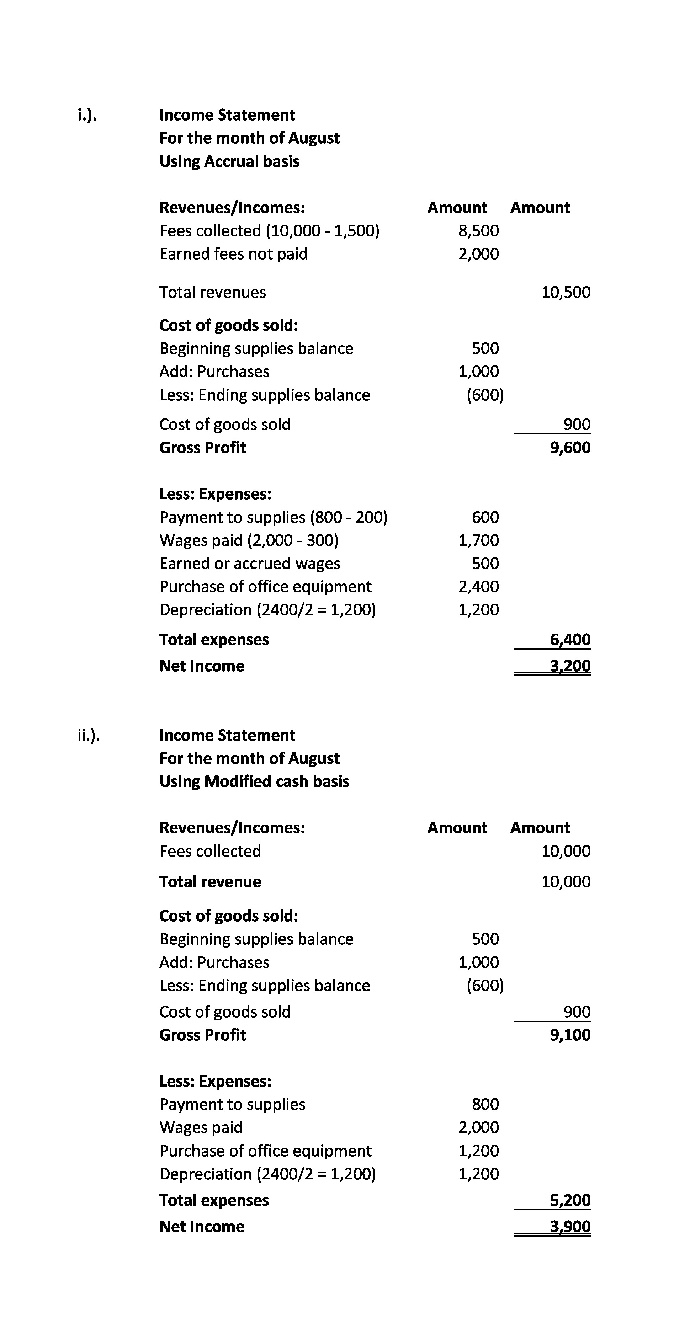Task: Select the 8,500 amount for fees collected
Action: pyautogui.click(x=478, y=231)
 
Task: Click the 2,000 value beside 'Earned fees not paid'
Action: pyautogui.click(x=478, y=254)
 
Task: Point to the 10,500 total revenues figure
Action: pyautogui.click(x=566, y=292)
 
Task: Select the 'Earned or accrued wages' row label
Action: pyautogui.click(x=250, y=563)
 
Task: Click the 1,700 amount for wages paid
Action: pyautogui.click(x=478, y=540)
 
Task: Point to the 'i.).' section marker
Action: pyautogui.click(x=87, y=115)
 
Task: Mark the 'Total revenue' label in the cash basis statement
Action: pyautogui.click(x=210, y=881)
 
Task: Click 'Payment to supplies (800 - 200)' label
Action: pyautogui.click(x=273, y=517)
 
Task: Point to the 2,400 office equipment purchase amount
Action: pyautogui.click(x=478, y=586)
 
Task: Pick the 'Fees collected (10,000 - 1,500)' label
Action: pyautogui.click(x=269, y=231)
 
